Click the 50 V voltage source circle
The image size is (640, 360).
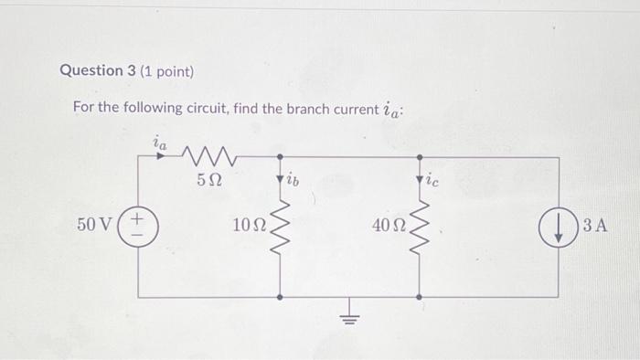pos(138,226)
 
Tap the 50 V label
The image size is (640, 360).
pos(95,225)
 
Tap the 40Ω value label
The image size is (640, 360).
pos(388,226)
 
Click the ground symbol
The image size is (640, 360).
pos(348,316)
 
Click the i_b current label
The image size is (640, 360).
pos(293,179)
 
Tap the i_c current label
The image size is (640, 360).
pos(432,180)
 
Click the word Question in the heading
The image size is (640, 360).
pos(91,70)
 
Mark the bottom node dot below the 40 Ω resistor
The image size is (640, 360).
pos(419,297)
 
